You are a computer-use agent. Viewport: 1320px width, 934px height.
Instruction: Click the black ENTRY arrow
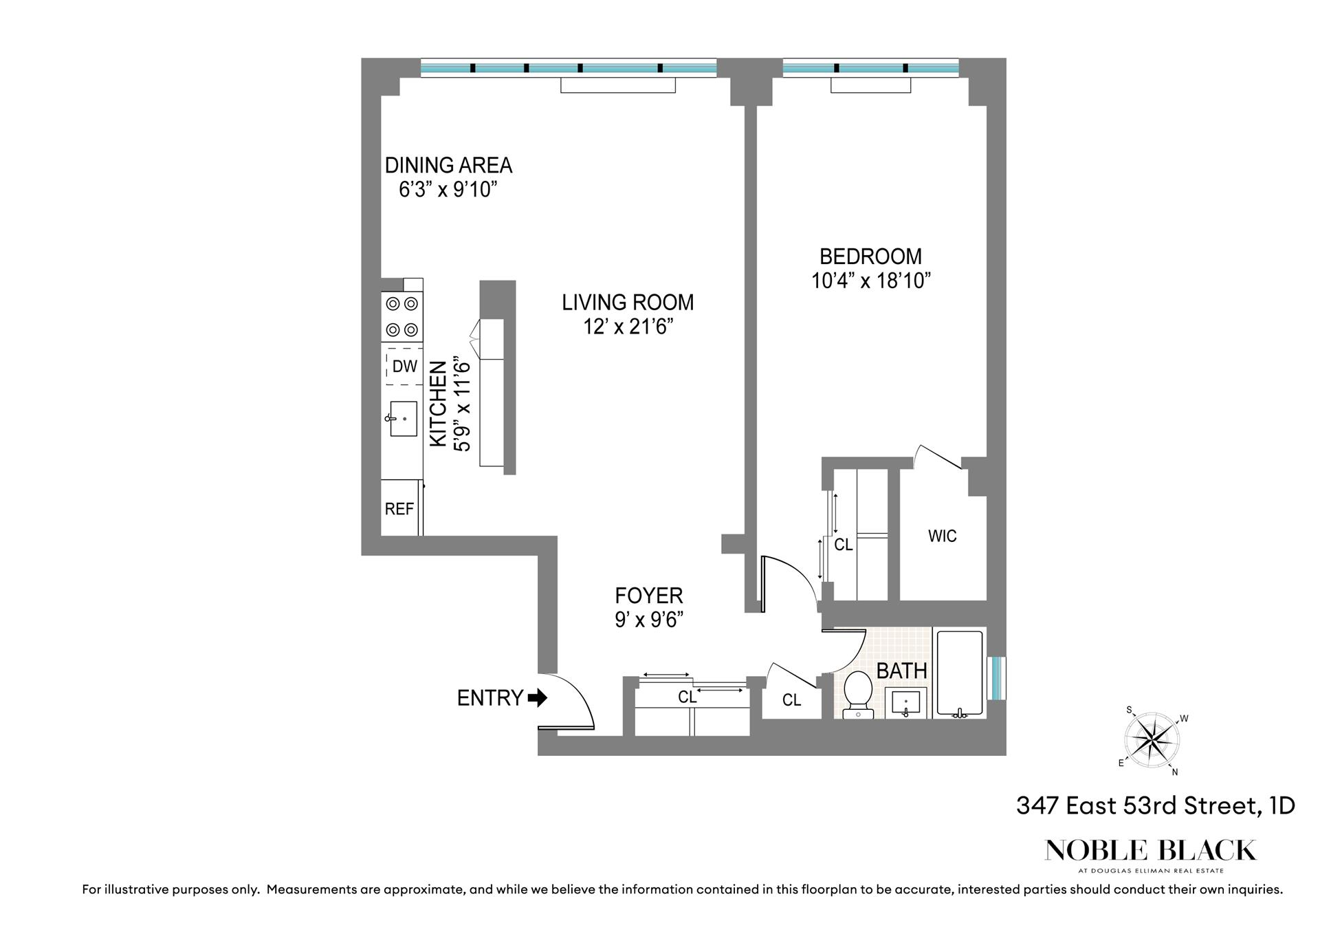(538, 698)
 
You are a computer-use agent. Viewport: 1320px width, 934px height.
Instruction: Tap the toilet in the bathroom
(858, 693)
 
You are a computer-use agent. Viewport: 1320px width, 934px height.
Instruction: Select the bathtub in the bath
(959, 673)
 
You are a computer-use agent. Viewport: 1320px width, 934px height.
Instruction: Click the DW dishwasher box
(404, 367)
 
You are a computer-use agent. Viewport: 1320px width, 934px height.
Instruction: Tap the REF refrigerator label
(399, 509)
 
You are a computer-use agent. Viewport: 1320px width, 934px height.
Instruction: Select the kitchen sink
(403, 418)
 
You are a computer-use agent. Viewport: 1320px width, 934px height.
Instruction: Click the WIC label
(942, 536)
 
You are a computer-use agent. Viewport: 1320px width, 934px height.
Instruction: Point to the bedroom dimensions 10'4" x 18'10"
(870, 281)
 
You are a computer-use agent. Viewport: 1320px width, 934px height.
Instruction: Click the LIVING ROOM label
(628, 302)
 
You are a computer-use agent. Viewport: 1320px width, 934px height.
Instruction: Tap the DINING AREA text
(448, 165)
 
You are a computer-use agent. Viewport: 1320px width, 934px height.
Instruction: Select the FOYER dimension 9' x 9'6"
(648, 620)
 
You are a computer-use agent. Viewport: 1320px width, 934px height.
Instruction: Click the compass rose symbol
(1152, 740)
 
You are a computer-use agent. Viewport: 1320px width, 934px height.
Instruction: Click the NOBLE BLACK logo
(1150, 851)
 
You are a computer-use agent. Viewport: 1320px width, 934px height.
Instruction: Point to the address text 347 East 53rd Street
(1155, 805)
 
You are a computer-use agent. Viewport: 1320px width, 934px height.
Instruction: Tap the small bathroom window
(996, 678)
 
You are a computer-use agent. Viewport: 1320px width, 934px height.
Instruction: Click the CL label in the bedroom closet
(843, 545)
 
